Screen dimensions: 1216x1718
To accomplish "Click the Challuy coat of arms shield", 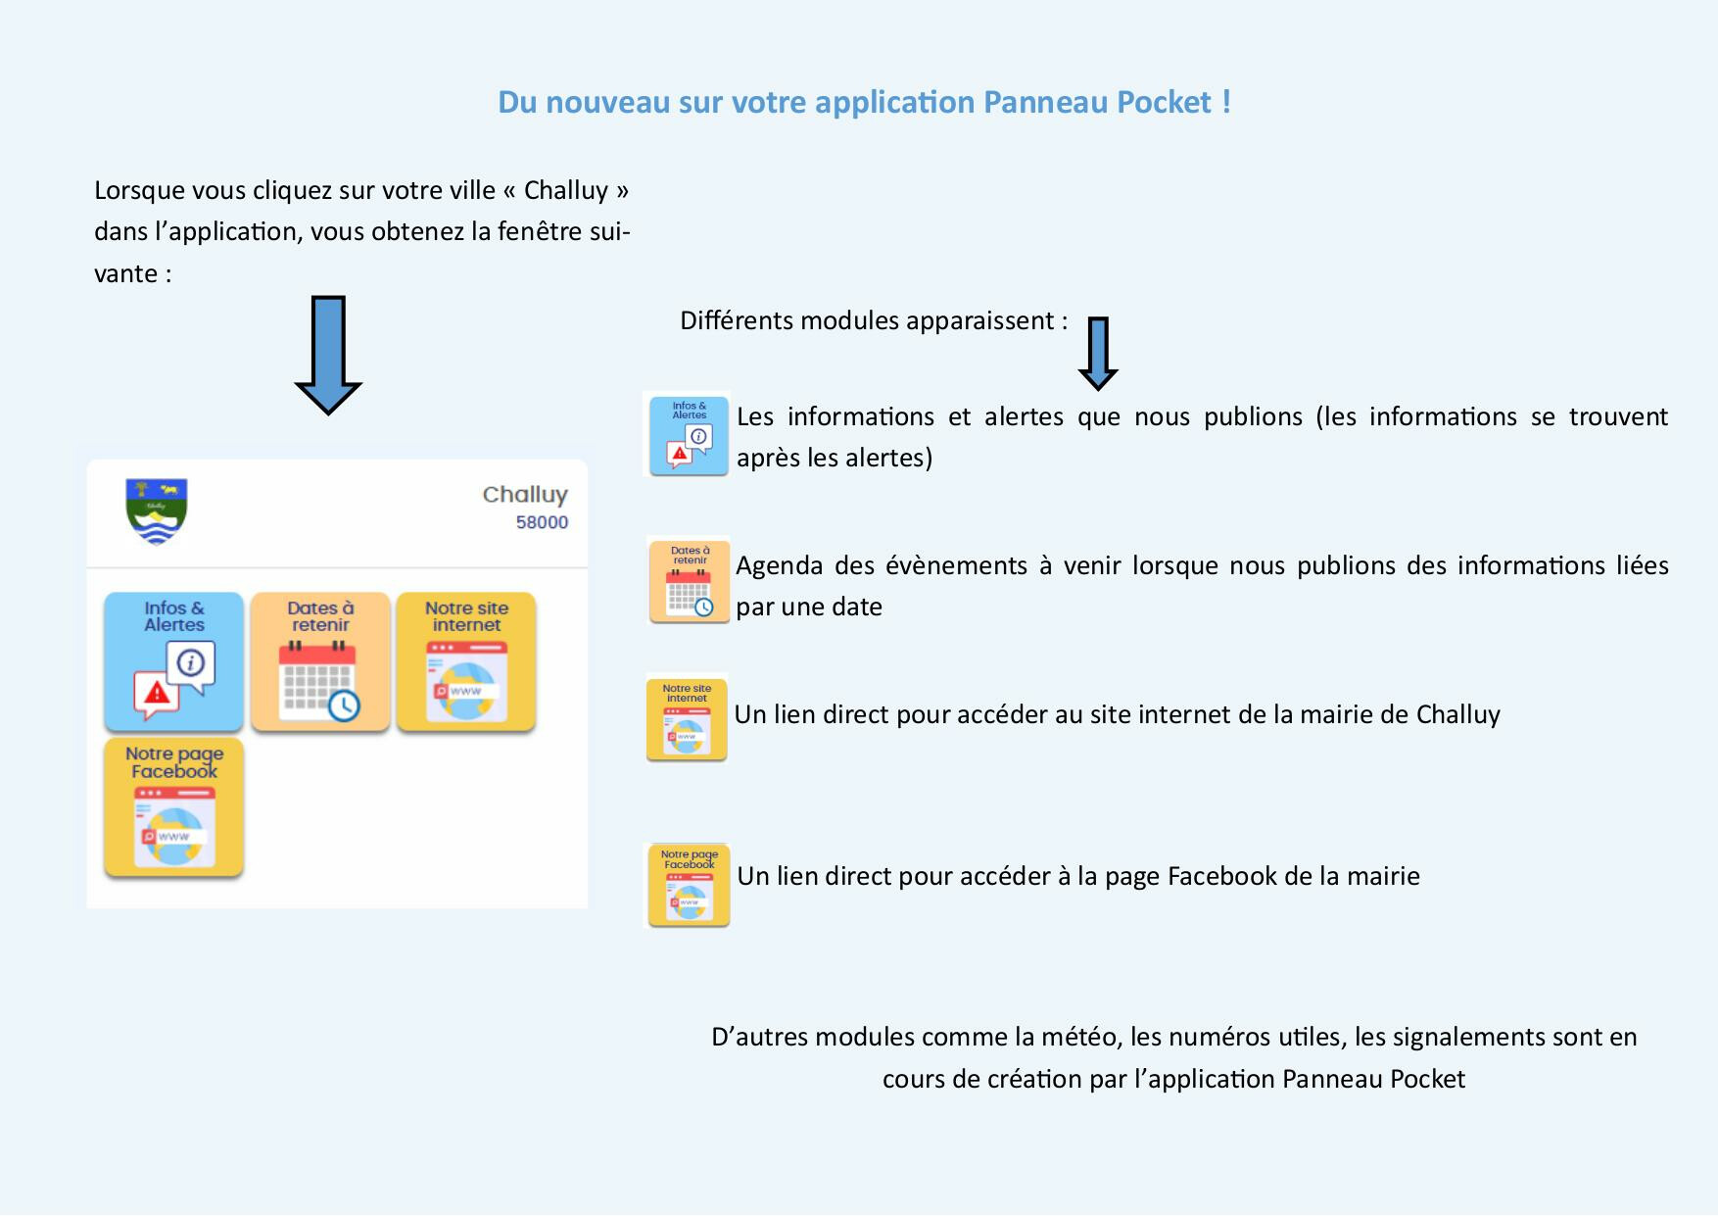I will click(157, 511).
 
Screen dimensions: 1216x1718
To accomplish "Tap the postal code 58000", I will click(542, 522).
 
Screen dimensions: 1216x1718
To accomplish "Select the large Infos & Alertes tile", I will click(174, 661).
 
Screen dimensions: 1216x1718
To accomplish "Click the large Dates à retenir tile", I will click(320, 661).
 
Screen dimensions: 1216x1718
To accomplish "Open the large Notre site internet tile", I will click(466, 661).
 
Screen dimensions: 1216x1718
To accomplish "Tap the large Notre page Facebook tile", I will click(174, 806).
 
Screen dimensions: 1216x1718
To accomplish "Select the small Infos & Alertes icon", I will click(689, 435).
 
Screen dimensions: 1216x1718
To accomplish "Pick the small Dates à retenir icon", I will click(689, 581).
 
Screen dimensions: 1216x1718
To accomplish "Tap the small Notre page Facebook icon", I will click(689, 885).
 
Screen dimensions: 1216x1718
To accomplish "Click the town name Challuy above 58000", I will click(525, 495).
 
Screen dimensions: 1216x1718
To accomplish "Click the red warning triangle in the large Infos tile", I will click(156, 694).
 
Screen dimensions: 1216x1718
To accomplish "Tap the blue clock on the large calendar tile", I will click(344, 705).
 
